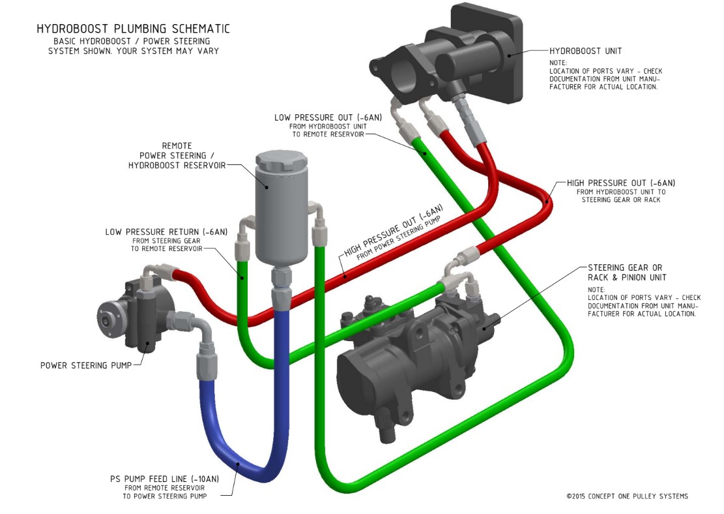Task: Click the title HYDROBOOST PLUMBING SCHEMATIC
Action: (x=133, y=29)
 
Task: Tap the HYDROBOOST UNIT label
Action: (x=585, y=50)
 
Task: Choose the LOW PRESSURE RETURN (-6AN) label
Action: (x=166, y=232)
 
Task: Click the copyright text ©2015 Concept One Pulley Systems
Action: (x=627, y=496)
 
